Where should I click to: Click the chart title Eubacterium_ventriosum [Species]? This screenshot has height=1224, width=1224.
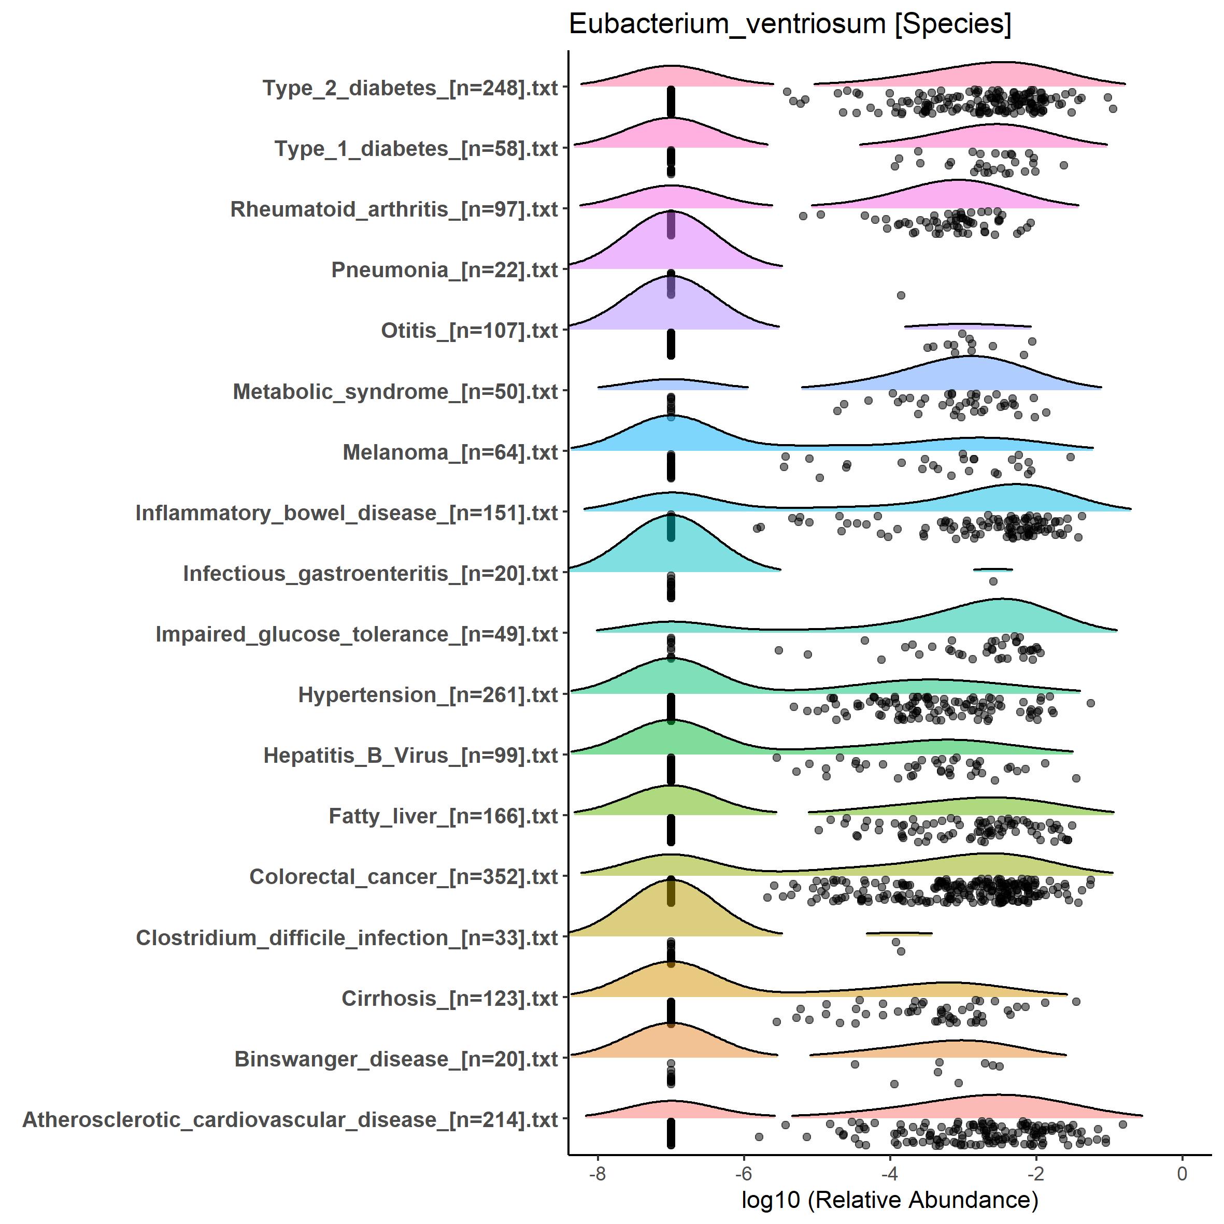coord(789,25)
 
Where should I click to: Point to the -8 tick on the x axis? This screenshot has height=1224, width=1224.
coord(597,1174)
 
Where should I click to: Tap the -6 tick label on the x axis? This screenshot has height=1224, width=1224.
coord(743,1174)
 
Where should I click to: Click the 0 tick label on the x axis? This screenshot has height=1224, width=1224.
coord(1182,1174)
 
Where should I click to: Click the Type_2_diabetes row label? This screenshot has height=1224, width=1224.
coord(410,88)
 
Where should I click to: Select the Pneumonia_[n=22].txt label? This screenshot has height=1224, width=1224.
coord(444,270)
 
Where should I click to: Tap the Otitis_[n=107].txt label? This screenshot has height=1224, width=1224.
coord(469,331)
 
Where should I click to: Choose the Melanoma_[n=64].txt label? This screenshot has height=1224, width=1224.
coord(450,452)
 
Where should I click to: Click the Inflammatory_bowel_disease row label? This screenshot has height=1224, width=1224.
coord(347,513)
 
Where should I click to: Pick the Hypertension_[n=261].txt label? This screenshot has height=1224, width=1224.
coord(428,695)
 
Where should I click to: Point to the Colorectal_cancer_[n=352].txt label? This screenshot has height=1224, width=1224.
coord(404,877)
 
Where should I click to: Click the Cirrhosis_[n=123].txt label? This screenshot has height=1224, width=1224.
coord(450,999)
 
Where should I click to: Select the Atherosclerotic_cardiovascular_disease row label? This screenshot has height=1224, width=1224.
coord(290,1119)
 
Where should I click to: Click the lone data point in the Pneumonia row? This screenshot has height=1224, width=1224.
coord(901,295)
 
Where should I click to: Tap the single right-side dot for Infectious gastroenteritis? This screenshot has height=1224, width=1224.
coord(993,581)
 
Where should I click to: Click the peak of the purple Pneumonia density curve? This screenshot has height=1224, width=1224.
coord(671,211)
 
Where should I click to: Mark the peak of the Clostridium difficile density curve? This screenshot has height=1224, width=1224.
coord(671,879)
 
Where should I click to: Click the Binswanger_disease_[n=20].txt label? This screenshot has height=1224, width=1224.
coord(396,1059)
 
